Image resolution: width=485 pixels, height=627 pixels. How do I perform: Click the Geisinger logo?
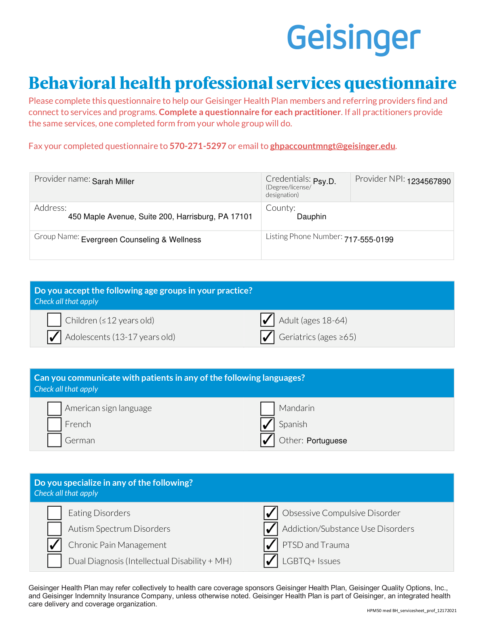354,39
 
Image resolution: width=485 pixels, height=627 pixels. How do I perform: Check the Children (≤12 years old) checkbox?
54,320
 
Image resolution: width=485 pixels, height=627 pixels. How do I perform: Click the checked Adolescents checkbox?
54,337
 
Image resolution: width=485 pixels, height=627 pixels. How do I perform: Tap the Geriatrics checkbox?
268,337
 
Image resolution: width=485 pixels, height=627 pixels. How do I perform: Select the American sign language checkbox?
54,408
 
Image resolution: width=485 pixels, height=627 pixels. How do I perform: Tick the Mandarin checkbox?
268,408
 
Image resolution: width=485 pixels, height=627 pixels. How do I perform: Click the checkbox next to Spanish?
268,424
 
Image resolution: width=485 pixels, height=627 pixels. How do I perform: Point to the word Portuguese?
327,441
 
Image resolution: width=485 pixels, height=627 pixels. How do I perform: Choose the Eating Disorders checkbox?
55,513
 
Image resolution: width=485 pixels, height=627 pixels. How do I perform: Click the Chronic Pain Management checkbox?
55,545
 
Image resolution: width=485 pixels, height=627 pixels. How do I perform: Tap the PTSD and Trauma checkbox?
271,545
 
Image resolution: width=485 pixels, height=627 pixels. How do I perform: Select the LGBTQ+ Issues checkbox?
271,561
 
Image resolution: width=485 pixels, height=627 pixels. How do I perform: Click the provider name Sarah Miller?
113,182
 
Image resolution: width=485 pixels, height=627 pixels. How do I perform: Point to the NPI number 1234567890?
428,182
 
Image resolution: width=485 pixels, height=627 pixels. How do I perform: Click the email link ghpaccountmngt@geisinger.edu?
332,146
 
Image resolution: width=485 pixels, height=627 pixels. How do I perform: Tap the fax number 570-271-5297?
198,146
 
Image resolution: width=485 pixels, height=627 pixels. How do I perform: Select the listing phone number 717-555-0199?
369,240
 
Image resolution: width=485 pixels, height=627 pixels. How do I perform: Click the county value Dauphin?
312,217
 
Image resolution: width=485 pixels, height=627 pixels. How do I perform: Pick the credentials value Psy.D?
325,182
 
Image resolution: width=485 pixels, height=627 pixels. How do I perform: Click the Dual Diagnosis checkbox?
55,561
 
